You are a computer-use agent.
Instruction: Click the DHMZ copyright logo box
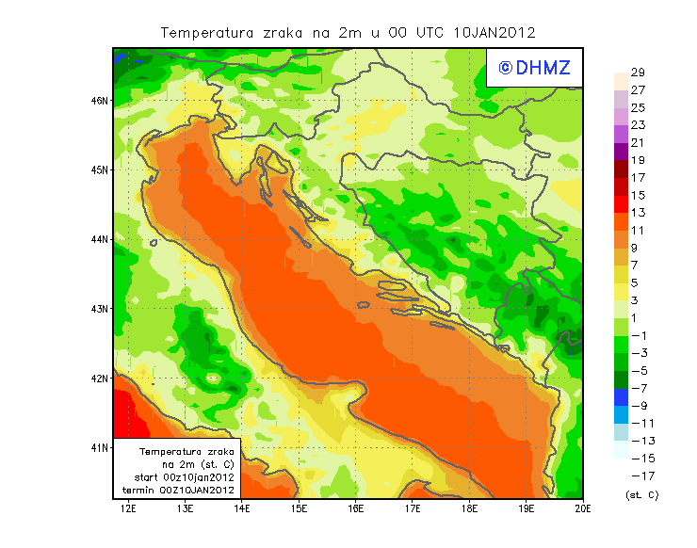pyautogui.click(x=534, y=67)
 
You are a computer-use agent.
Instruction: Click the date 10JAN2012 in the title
pyautogui.click(x=494, y=32)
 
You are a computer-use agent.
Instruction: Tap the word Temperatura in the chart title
pyautogui.click(x=207, y=32)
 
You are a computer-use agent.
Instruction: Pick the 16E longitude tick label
pyautogui.click(x=356, y=509)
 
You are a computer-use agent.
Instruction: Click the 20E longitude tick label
pyautogui.click(x=583, y=509)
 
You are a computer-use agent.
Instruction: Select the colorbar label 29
pyautogui.click(x=638, y=73)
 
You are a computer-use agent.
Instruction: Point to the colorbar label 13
pyautogui.click(x=638, y=213)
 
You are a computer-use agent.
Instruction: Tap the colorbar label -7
pyautogui.click(x=638, y=388)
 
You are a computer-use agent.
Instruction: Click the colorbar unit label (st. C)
pyautogui.click(x=641, y=494)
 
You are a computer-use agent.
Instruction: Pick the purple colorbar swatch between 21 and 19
pyautogui.click(x=620, y=152)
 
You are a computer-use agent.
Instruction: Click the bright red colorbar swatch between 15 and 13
pyautogui.click(x=620, y=204)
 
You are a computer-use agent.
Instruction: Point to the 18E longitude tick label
pyautogui.click(x=469, y=509)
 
